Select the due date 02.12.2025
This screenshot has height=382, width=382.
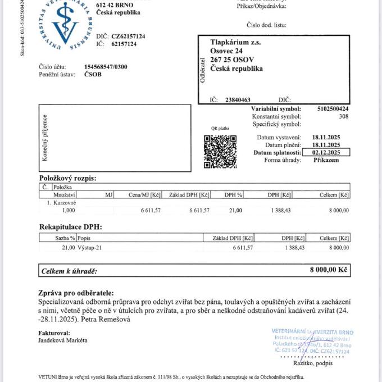point(326,152)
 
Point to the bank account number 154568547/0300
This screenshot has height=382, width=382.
point(106,67)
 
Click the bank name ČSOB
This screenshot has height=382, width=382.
point(93,74)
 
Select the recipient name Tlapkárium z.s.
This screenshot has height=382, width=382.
point(235,42)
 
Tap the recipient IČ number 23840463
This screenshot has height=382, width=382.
point(238,99)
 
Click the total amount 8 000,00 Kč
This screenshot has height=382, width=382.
point(329,270)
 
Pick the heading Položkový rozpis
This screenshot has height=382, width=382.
point(68,178)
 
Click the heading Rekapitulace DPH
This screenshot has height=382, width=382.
point(71,227)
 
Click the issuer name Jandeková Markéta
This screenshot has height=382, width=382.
point(63,340)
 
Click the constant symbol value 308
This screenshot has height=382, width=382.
point(344,116)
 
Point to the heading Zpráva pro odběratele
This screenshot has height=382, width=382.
point(75,293)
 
